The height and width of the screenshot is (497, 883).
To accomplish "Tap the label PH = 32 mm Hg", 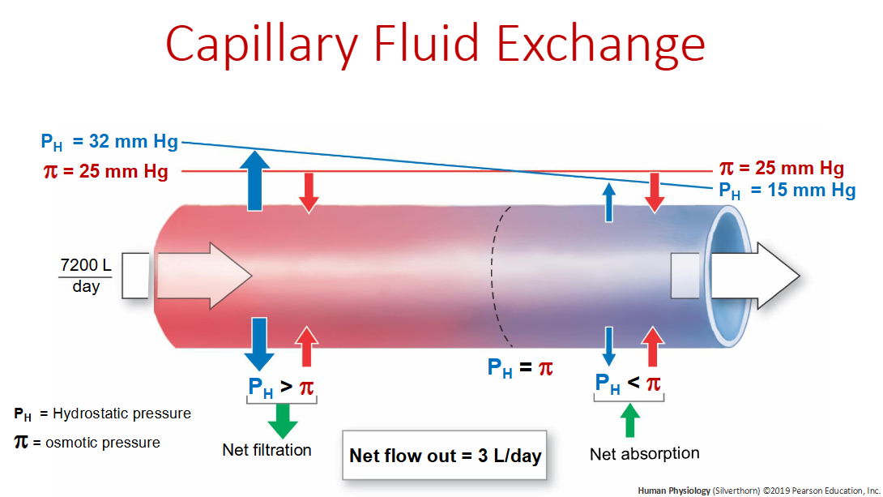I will [x=109, y=141].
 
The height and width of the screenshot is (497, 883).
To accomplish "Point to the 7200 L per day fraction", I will [x=86, y=276].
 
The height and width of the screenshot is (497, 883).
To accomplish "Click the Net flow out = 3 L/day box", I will [x=444, y=455].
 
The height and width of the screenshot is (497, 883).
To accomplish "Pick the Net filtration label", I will [x=267, y=449].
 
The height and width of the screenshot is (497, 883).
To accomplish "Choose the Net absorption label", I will [x=644, y=453].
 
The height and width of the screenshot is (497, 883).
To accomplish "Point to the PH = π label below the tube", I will [x=520, y=368].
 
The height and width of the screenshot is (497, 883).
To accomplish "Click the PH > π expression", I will [x=281, y=388].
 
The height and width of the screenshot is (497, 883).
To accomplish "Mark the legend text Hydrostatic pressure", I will [x=122, y=413].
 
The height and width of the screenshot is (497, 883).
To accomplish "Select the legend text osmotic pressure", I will [x=106, y=443].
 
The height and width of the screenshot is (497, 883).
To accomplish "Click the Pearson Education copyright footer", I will [x=758, y=490].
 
